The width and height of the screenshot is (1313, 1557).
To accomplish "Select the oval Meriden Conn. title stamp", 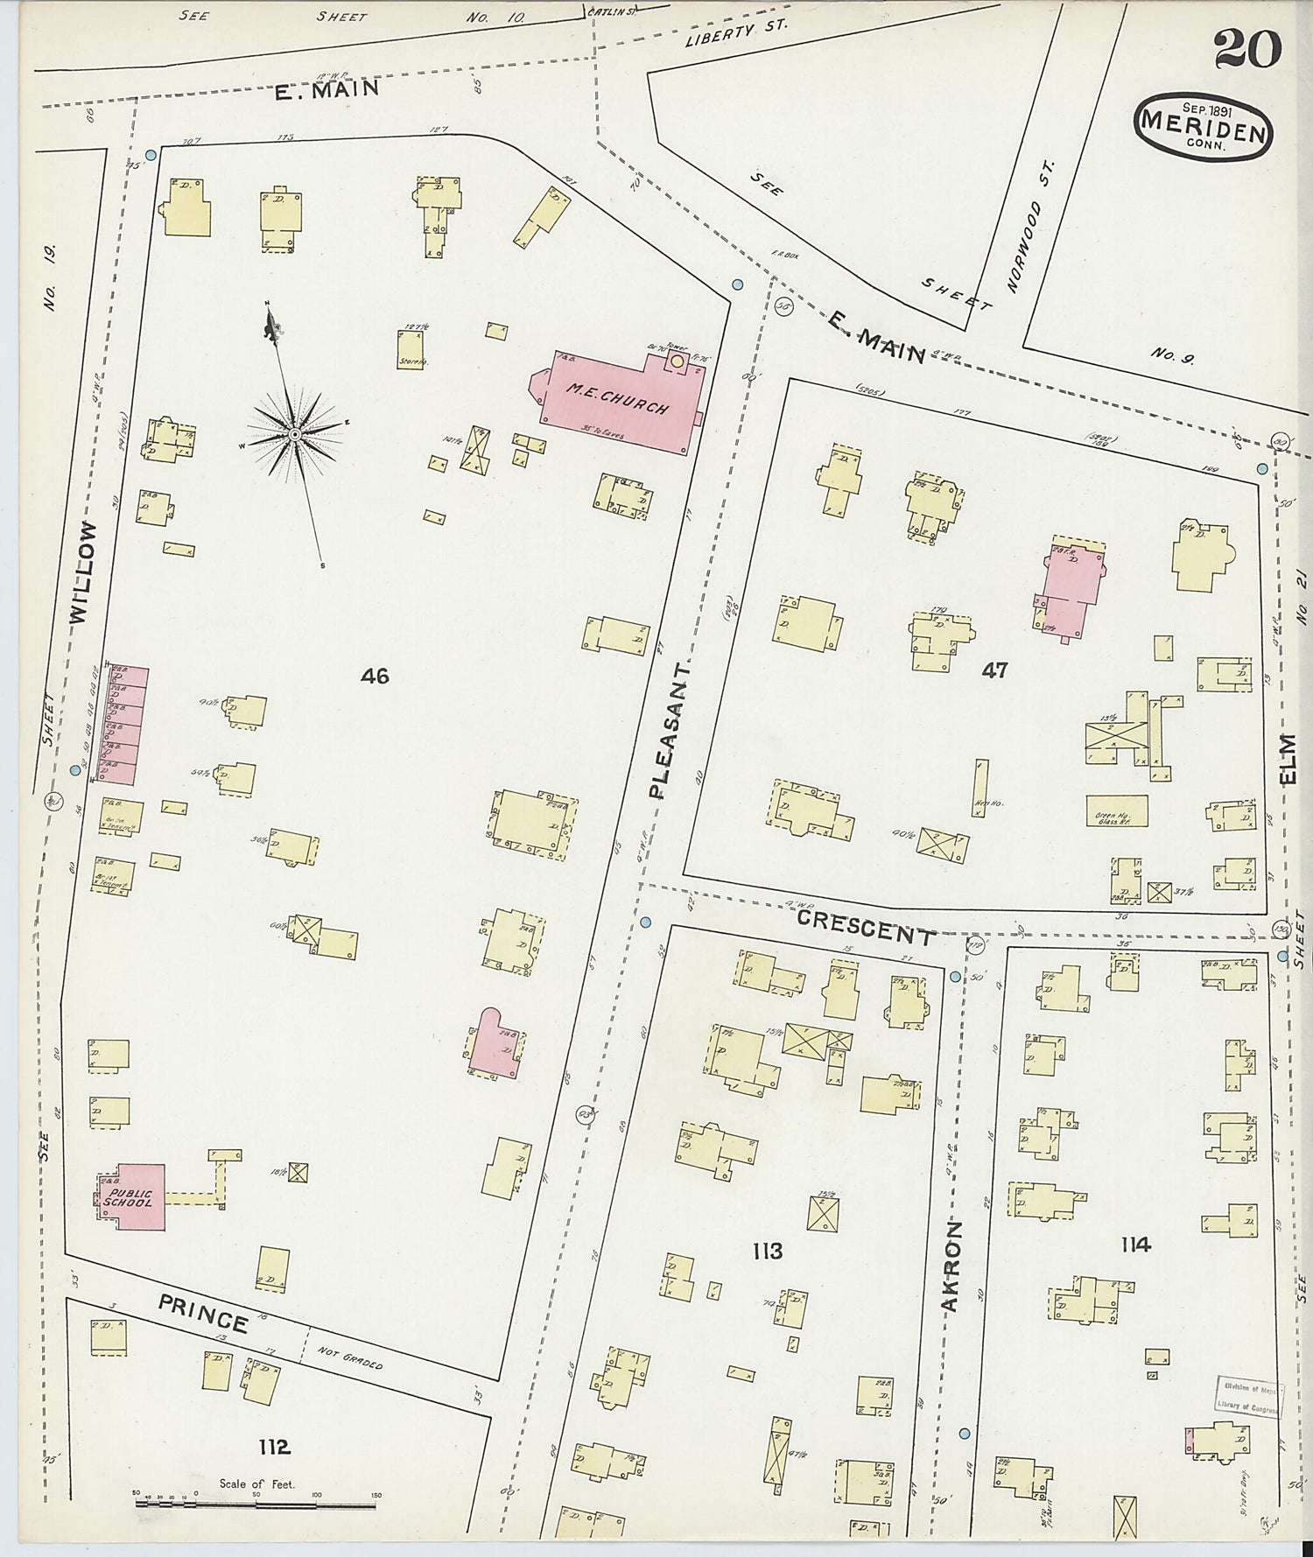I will click(1204, 128).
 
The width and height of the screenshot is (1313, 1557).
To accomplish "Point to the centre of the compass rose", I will click(295, 434).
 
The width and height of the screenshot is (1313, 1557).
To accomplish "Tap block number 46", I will click(375, 676).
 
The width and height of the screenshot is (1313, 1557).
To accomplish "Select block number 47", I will click(994, 670).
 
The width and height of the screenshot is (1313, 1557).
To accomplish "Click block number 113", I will click(767, 1251).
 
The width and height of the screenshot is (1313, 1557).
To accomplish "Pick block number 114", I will click(1134, 1244).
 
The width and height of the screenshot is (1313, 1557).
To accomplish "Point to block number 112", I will click(274, 1447).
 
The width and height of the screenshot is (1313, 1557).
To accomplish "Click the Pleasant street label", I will click(669, 730).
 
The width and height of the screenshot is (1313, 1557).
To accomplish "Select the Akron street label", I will click(951, 1266).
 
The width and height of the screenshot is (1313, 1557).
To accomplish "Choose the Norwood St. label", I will click(1033, 227).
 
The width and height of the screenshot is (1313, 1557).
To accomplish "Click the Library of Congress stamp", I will click(1248, 1397).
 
